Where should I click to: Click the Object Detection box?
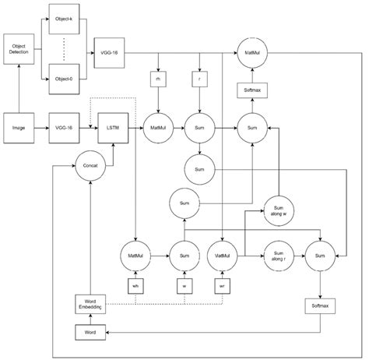(18, 50)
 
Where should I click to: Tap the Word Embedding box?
(91, 305)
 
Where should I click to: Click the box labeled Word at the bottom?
(91, 333)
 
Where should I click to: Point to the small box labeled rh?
(159, 79)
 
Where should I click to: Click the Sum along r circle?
(279, 255)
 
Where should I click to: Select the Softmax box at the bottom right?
(319, 306)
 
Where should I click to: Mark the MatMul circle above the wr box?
(223, 255)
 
